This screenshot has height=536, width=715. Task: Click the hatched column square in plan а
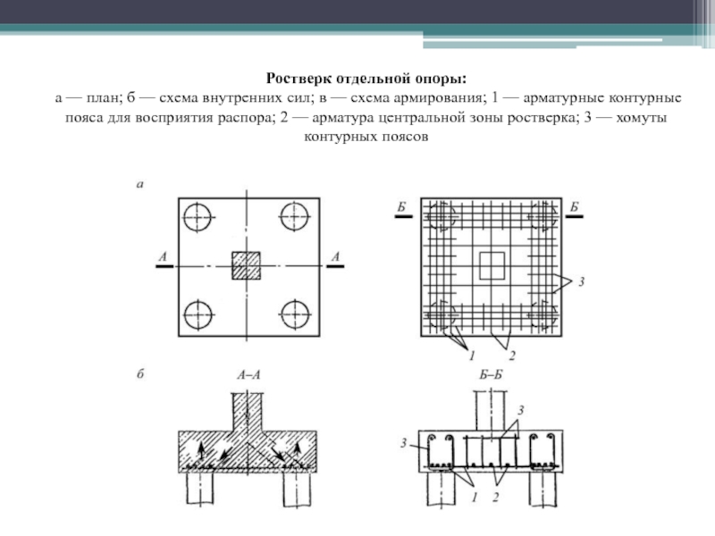(x=247, y=265)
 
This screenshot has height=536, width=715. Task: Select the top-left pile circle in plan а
(x=198, y=216)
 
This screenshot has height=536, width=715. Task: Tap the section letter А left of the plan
(x=163, y=257)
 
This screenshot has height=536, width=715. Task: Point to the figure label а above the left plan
(x=139, y=185)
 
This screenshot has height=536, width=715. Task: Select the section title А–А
(x=248, y=376)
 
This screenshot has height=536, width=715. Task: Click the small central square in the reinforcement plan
(x=492, y=264)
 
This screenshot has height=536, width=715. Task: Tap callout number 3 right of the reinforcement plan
(x=581, y=282)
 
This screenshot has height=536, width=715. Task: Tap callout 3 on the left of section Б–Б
(x=404, y=442)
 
